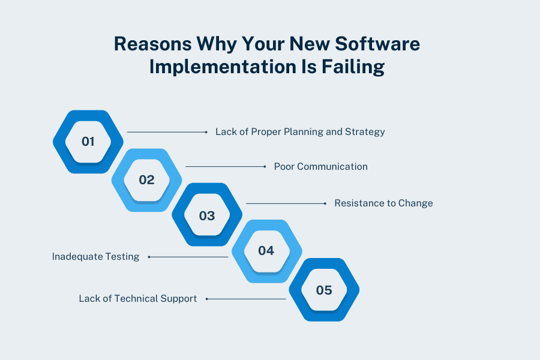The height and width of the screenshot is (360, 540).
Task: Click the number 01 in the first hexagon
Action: tap(88, 142)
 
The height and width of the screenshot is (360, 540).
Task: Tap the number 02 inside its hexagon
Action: tap(146, 179)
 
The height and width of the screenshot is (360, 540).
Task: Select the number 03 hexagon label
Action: tap(206, 215)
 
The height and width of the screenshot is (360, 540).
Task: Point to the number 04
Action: tap(266, 250)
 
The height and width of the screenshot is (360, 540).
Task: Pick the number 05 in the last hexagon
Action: tap(324, 290)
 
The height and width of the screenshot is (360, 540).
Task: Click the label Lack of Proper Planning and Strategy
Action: tap(300, 131)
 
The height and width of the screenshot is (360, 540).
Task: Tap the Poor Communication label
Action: tap(320, 166)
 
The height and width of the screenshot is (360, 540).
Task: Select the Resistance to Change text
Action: tap(383, 203)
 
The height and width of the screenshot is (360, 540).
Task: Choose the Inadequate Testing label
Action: tap(95, 257)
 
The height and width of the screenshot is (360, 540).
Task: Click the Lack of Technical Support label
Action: tap(138, 298)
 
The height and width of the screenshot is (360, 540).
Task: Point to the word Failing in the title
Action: tap(355, 67)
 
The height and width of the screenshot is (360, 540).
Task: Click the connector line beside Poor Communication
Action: tap(225, 166)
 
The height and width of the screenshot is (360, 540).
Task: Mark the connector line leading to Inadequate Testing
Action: tap(189, 257)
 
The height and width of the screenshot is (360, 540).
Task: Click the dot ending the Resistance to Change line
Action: tap(325, 203)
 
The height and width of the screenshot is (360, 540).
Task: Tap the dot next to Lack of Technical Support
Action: tap(206, 298)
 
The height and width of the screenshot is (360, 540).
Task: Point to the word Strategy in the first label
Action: tap(365, 131)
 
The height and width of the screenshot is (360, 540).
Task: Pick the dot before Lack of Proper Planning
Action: tap(206, 131)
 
